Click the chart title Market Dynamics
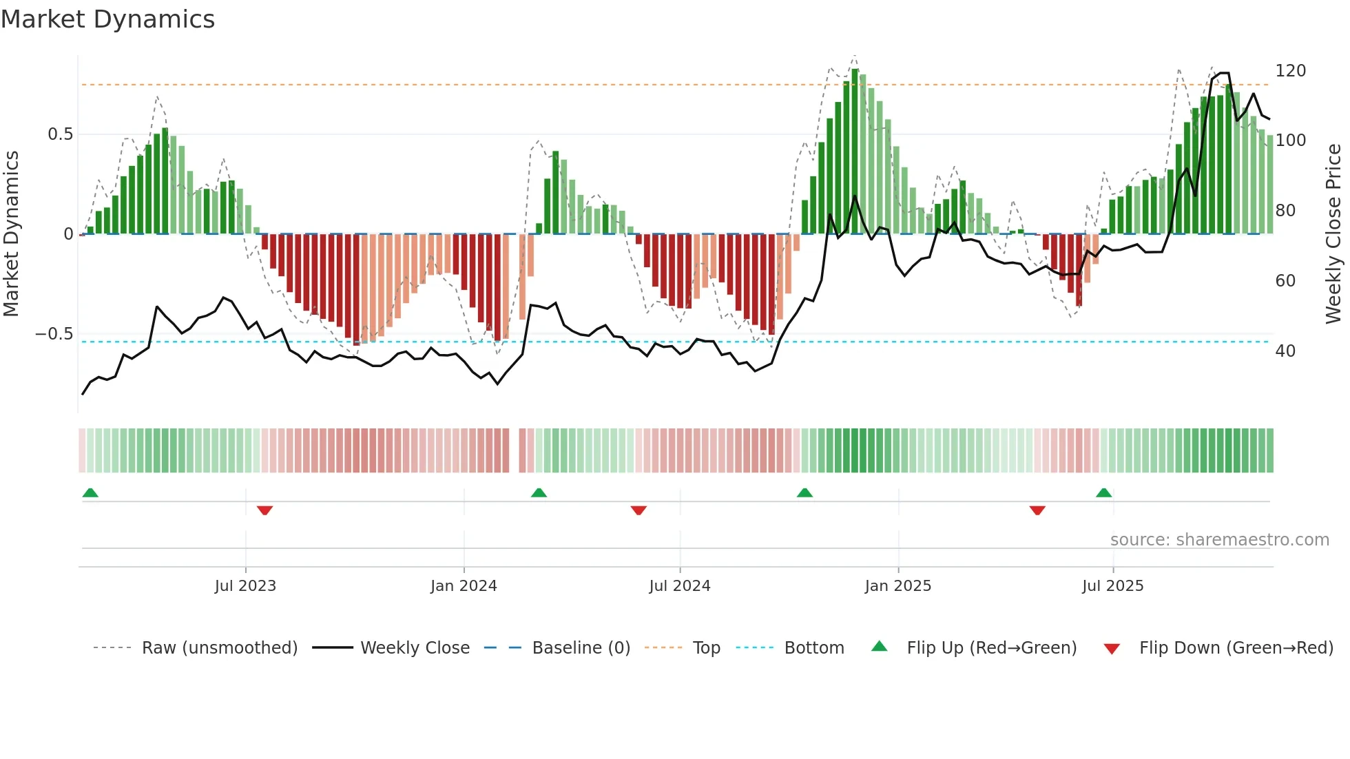[x=108, y=19]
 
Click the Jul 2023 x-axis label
[x=245, y=586]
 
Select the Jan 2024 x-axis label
[x=464, y=586]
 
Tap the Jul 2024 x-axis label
[x=679, y=586]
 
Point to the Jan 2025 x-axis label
[x=897, y=586]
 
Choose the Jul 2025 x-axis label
[x=1112, y=586]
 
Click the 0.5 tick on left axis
[x=60, y=134]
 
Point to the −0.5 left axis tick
[x=54, y=334]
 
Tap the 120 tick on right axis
[x=1290, y=71]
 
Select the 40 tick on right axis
[x=1285, y=351]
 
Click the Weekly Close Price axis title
[x=1333, y=234]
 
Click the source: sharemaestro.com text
[x=1219, y=540]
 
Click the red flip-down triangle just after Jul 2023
[x=264, y=510]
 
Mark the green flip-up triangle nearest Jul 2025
[x=1103, y=492]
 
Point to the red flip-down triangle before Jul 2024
[x=638, y=510]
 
